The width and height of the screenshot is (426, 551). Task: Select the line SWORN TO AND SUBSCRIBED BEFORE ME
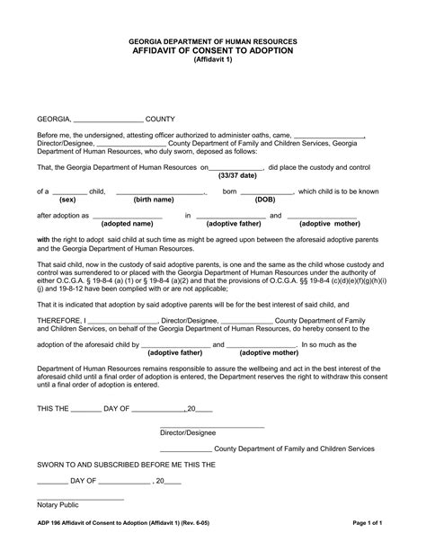coord(126,465)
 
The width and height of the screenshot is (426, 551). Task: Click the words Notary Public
coord(58,505)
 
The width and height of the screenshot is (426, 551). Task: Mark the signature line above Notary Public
coord(80,498)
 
